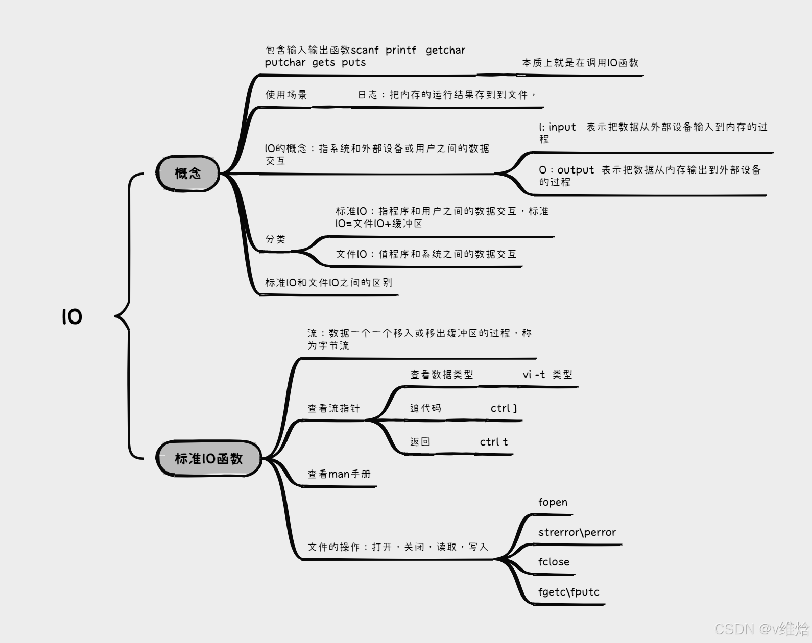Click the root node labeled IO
[72, 317]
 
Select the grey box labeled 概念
[188, 174]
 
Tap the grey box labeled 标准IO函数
[208, 458]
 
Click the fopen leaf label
[553, 502]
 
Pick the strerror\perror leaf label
[577, 532]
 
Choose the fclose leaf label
[554, 562]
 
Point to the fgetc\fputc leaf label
[568, 592]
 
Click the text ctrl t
[494, 442]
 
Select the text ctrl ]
[504, 408]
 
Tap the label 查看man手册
[339, 474]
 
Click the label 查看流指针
[333, 408]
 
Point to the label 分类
[275, 239]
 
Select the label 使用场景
[286, 95]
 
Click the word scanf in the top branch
[365, 50]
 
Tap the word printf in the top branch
[401, 50]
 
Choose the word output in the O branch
[576, 170]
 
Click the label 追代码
[425, 408]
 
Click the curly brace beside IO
[125, 316]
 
